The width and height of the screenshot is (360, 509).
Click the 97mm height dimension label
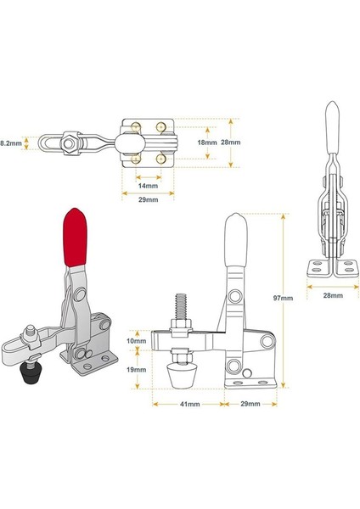pos(283,298)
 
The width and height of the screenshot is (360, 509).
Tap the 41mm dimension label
pos(189,404)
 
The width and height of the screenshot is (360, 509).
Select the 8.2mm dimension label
pos(11,143)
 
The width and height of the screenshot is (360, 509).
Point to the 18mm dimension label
pos(207,143)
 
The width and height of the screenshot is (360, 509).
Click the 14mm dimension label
pos(148,186)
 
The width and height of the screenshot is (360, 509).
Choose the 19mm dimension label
pos(136,369)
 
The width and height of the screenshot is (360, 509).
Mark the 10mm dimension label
pos(136,341)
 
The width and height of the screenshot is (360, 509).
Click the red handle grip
pos(76,237)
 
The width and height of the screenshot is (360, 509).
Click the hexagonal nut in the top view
pos(69,143)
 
